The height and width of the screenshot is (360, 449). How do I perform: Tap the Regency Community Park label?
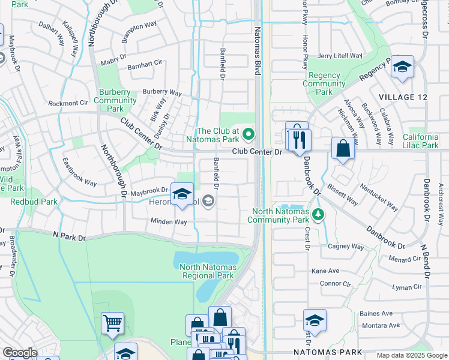(324, 84)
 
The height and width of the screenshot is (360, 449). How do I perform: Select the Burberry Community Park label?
(115, 100)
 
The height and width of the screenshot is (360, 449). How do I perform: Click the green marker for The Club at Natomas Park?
(249, 133)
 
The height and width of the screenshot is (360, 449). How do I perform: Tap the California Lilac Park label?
(424, 141)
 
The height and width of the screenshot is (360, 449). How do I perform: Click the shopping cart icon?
(112, 323)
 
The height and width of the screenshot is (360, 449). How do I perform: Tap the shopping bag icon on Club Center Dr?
(342, 149)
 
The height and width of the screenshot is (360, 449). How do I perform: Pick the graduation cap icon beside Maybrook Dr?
(182, 194)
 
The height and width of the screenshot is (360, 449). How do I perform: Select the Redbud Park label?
(34, 202)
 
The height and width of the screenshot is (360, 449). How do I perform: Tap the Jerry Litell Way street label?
(340, 56)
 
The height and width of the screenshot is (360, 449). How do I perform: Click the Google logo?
(20, 353)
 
